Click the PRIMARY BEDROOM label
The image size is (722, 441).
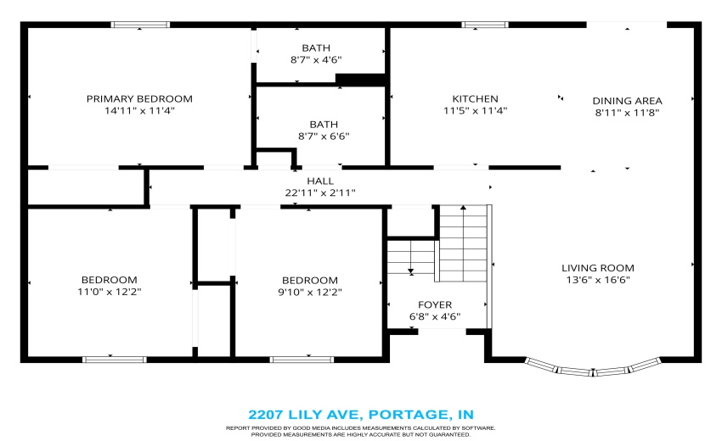[139, 99]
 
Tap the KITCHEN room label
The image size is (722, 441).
[475, 99]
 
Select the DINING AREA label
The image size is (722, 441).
[627, 101]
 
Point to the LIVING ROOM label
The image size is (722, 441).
[598, 268]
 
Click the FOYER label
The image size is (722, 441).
[435, 304]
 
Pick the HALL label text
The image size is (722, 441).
[320, 181]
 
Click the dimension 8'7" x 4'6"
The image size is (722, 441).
[316, 59]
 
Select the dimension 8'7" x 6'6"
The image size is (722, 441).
[324, 137]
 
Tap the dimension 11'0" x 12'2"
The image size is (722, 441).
[109, 292]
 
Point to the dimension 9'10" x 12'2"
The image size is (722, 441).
[310, 292]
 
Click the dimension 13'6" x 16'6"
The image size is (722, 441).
[598, 280]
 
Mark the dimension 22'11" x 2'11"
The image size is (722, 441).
[320, 193]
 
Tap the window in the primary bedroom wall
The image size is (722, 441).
[140, 25]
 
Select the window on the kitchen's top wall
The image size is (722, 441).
[485, 25]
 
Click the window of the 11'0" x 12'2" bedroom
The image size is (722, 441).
[115, 360]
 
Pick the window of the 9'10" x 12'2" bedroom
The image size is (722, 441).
[302, 360]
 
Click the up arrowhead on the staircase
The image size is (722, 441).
[463, 208]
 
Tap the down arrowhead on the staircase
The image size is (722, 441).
[411, 271]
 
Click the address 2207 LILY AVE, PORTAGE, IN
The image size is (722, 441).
[361, 415]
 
